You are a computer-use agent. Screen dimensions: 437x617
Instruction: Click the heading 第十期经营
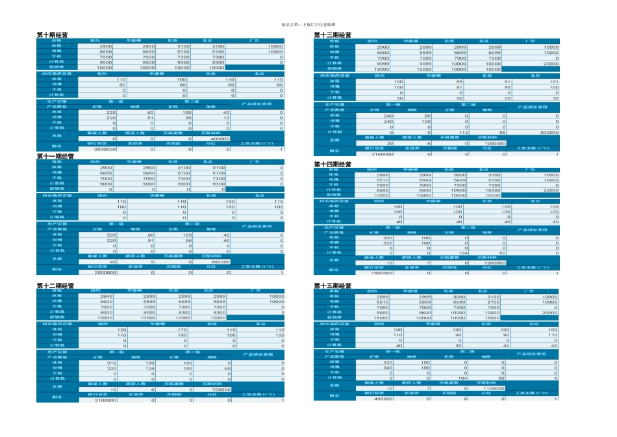pyautogui.click(x=53, y=35)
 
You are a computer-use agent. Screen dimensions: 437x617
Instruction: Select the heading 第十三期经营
pyautogui.click(x=333, y=35)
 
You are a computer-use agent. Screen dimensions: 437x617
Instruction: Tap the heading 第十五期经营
pyautogui.click(x=333, y=285)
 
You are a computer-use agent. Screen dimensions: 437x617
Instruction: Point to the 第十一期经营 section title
pyautogui.click(x=55, y=156)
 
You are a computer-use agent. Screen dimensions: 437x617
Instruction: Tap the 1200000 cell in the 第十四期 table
pyautogui.click(x=493, y=263)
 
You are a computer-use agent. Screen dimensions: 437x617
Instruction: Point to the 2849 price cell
pyautogui.click(x=103, y=296)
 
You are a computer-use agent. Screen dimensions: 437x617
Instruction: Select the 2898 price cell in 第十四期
pyautogui.click(x=383, y=175)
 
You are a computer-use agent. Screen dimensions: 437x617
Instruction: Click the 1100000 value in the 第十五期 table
pyautogui.click(x=493, y=388)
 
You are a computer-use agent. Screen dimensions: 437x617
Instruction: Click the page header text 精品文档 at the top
pyautogui.click(x=308, y=25)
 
